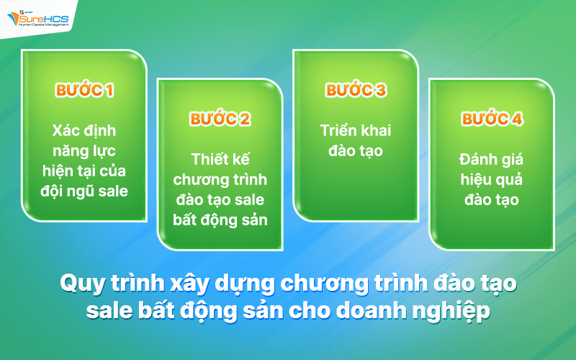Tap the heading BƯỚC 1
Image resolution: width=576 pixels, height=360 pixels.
coord(84,91)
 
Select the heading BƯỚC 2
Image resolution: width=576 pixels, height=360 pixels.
coord(220,120)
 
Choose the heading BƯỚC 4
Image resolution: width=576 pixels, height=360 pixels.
coord(492,120)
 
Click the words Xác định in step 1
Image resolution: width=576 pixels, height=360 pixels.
coord(84,132)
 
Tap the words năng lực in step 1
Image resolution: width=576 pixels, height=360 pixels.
coord(84,151)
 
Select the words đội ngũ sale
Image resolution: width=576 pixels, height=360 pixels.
coord(84,191)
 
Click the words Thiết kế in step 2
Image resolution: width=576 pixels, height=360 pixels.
coord(220,159)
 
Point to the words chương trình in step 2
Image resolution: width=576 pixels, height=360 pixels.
coord(220,179)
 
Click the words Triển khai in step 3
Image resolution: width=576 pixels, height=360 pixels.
coord(356,132)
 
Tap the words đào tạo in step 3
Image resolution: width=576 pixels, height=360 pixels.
coord(356,151)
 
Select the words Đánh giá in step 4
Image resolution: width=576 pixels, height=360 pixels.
coord(492,159)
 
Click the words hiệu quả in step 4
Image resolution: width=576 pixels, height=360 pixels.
coord(492,179)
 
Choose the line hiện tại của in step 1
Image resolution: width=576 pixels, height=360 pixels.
coord(84,171)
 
